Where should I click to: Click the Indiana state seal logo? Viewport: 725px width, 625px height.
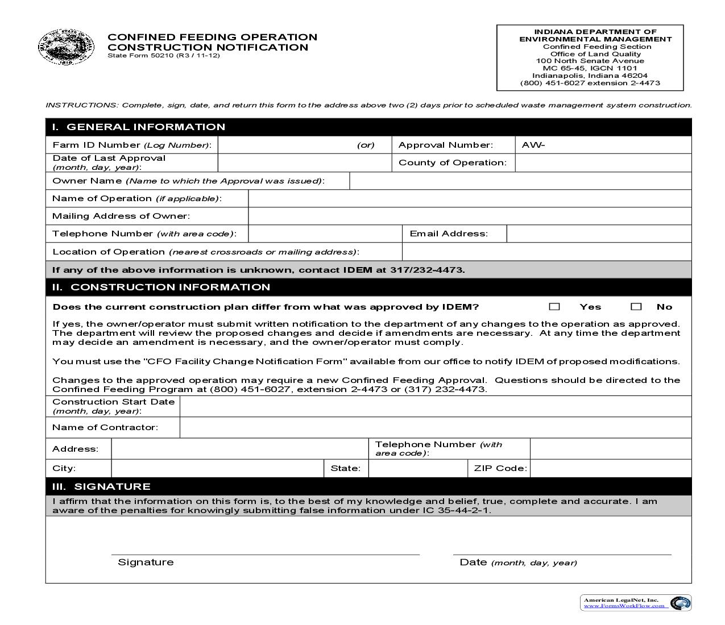[x=67, y=47]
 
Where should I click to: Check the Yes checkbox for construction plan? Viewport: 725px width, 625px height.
[x=554, y=307]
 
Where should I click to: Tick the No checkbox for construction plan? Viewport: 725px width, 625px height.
[x=636, y=307]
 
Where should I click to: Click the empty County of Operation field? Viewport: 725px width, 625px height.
[x=603, y=163]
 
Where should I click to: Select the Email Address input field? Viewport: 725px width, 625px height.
[x=599, y=234]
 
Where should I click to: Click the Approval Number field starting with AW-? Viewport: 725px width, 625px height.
[x=603, y=145]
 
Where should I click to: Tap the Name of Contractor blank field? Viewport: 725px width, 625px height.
[x=435, y=427]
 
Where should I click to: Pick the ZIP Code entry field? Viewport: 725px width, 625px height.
[x=610, y=468]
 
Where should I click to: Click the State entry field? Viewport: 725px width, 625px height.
[x=418, y=468]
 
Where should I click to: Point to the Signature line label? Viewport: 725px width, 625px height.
[x=146, y=562]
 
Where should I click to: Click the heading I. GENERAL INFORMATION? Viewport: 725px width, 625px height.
[x=139, y=127]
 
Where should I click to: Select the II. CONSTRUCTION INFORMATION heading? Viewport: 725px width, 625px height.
[x=161, y=287]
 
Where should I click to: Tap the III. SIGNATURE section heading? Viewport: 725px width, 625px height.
[x=101, y=486]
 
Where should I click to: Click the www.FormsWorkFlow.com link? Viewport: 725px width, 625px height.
[x=624, y=606]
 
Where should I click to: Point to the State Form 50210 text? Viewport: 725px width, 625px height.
[x=163, y=55]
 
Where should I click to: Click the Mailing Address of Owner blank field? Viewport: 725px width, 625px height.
[x=469, y=216]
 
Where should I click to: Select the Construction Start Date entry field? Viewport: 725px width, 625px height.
[x=435, y=406]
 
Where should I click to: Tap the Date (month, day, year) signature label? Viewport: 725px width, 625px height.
[x=518, y=562]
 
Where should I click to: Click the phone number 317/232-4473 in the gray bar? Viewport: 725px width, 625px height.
[x=427, y=270]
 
